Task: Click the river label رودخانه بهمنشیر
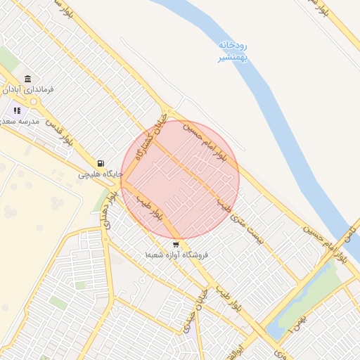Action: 231,51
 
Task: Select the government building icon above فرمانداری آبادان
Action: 27,78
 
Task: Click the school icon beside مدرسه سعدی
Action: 16,110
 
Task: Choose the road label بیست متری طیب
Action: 250,225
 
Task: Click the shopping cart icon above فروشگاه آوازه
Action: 175,244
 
